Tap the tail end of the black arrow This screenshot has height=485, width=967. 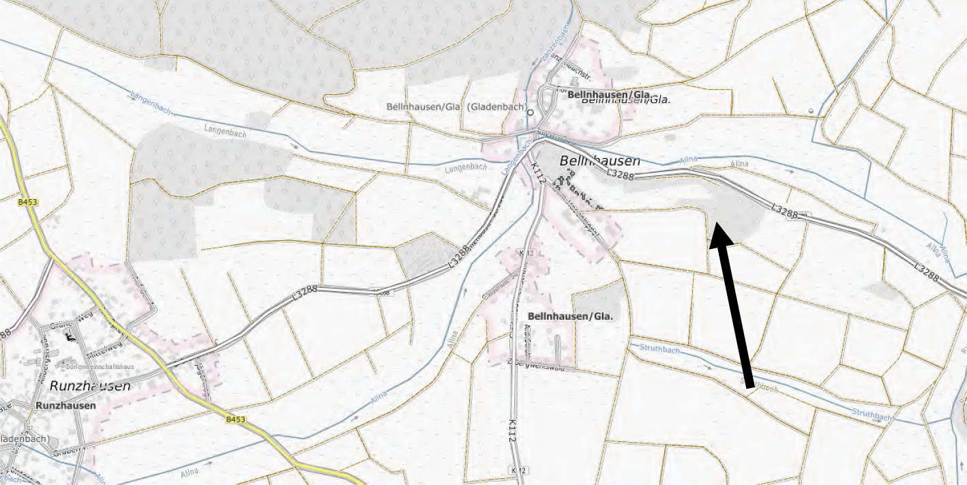tap(751, 387)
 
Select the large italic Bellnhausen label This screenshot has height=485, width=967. tap(599, 161)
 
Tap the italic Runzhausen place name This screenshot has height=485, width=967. tap(89, 385)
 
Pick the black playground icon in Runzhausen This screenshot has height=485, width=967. tap(69, 336)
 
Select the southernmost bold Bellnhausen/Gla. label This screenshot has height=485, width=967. tap(570, 317)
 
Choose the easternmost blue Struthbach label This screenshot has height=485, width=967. tap(872, 415)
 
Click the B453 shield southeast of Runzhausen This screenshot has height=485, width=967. tap(235, 419)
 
